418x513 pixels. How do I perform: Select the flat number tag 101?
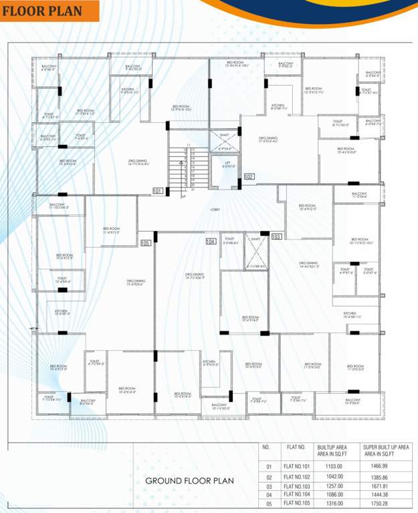pos(158,191)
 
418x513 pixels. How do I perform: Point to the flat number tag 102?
pos(249,176)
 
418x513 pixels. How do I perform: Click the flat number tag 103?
pos(276,236)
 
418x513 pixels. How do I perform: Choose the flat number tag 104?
pos(211,241)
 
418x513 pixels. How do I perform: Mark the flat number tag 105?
pos(145,242)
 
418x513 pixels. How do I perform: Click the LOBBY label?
pos(215,210)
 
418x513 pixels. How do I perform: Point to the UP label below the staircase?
pos(183,196)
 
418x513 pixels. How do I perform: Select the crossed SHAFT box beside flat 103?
pos(255,252)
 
